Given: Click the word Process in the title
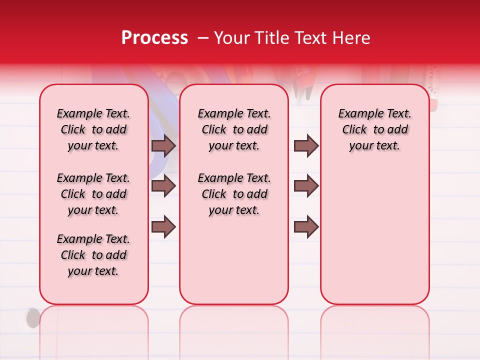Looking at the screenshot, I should [154, 38].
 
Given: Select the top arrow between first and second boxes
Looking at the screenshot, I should [163, 145].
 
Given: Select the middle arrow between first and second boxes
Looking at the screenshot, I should [163, 186].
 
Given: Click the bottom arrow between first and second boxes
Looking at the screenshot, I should [163, 227].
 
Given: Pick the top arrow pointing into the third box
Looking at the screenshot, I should [306, 145].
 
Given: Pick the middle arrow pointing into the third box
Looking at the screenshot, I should [306, 186].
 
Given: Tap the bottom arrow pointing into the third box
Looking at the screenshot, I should [306, 227].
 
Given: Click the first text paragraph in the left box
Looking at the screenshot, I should [93, 129].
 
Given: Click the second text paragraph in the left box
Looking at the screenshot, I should [93, 194].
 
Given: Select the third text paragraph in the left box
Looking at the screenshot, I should [93, 255].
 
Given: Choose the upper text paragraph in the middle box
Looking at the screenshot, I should [234, 129].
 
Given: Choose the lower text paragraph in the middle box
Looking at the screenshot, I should [234, 194].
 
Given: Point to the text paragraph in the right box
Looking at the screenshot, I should [374, 129].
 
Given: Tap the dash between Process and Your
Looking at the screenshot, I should [203, 38].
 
